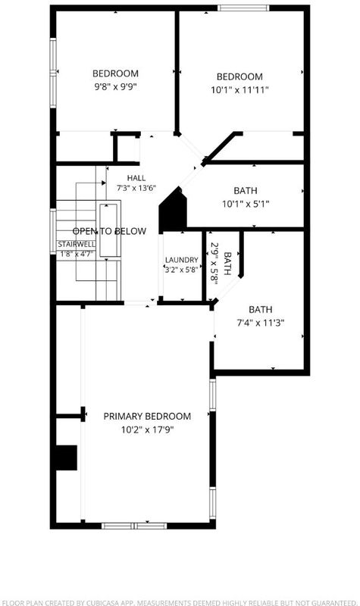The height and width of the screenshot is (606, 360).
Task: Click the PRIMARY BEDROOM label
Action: tap(147, 416)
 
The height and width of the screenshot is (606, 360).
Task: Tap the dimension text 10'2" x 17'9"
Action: tap(147, 430)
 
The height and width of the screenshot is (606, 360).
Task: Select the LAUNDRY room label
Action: tap(182, 260)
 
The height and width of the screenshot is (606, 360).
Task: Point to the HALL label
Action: tap(136, 178)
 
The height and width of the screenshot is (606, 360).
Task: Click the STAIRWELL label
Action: tap(77, 244)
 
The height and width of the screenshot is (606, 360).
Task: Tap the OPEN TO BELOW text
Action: tap(109, 231)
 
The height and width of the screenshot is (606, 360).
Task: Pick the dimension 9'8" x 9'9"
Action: tap(116, 86)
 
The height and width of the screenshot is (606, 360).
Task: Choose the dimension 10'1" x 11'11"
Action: tap(239, 89)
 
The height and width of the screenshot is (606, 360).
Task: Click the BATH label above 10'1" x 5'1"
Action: tap(246, 191)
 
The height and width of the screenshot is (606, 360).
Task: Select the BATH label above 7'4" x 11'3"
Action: tap(261, 310)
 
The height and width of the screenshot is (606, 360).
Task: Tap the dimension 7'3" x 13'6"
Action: tap(136, 189)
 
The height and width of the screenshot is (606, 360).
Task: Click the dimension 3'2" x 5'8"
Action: tap(182, 270)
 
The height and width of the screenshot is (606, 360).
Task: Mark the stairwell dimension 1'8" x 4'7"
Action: tap(77, 254)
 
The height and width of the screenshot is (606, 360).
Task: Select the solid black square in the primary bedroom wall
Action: tap(67, 458)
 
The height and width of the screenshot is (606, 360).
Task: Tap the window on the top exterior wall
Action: tap(243, 8)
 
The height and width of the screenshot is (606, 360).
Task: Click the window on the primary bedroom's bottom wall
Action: tap(134, 526)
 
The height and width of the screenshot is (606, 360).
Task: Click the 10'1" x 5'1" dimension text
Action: tap(246, 203)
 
